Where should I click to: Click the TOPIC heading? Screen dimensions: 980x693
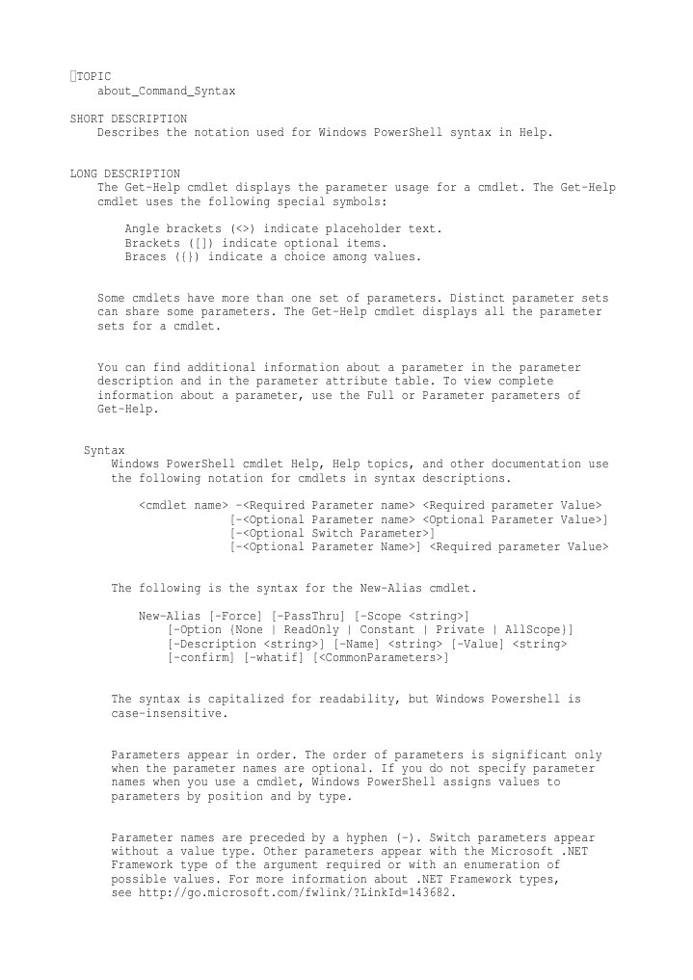pos(93,76)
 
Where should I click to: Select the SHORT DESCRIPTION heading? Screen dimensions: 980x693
pos(128,119)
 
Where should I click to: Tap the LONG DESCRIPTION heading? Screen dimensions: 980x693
pos(124,173)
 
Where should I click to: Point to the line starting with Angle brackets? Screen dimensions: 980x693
pos(283,229)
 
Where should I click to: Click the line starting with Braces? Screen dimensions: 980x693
pos(273,257)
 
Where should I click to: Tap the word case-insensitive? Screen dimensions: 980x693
pos(169,713)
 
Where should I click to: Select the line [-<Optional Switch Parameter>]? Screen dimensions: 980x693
pos(332,533)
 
